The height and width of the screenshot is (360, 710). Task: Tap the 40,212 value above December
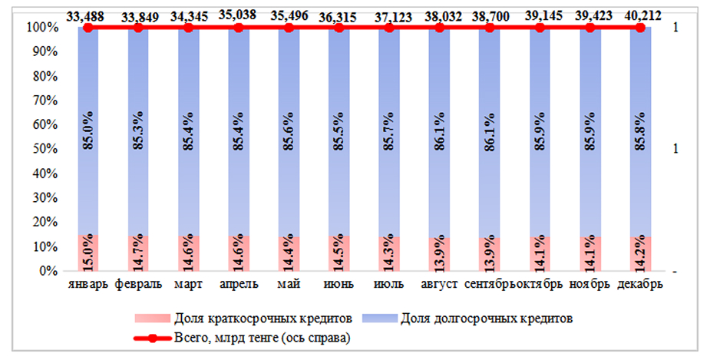click(x=641, y=14)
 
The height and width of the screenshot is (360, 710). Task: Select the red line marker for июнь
click(x=338, y=28)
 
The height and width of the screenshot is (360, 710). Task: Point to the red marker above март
click(x=188, y=28)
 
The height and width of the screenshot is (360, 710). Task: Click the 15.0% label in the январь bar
click(x=88, y=253)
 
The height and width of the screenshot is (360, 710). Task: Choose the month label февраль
click(x=138, y=285)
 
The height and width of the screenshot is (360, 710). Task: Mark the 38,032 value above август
click(x=440, y=14)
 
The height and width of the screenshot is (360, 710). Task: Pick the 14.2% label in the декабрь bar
click(x=641, y=254)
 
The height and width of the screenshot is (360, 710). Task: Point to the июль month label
click(x=389, y=285)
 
